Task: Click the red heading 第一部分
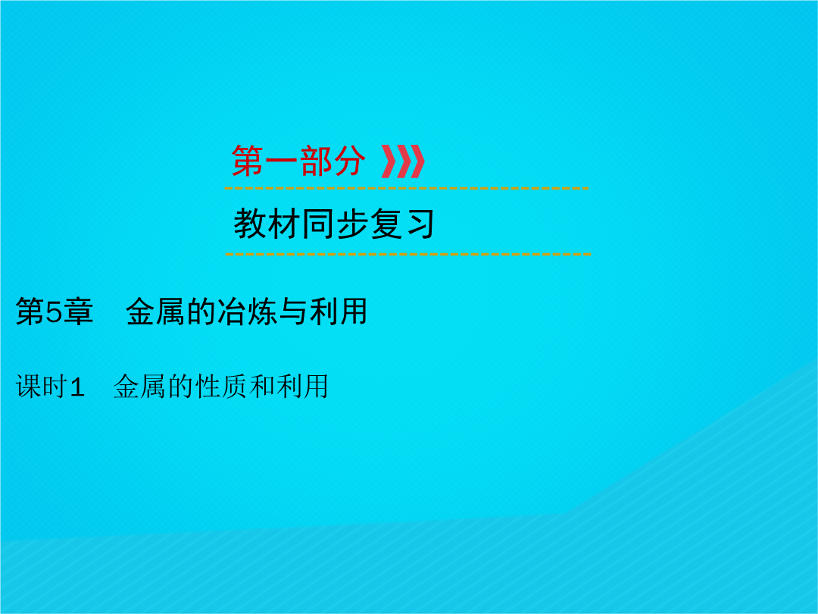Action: (298, 161)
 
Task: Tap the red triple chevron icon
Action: (403, 161)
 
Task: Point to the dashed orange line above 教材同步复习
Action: (407, 188)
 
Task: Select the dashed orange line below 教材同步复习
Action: (408, 254)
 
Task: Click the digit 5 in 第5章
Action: (55, 312)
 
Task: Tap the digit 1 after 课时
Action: (76, 387)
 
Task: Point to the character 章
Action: (78, 312)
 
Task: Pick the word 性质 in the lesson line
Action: (222, 387)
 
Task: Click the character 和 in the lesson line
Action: (262, 387)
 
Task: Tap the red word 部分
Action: (333, 161)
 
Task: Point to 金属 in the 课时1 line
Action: (140, 387)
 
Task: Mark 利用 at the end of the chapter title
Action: (339, 312)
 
